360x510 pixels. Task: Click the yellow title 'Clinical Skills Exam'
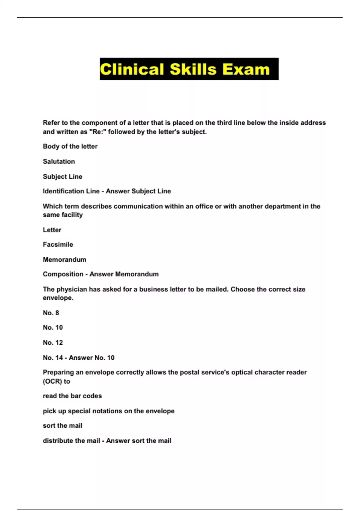point(185,69)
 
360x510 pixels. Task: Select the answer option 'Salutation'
point(59,161)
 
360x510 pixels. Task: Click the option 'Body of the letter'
point(70,146)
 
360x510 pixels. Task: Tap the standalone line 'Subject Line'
point(62,176)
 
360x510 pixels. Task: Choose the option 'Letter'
point(52,230)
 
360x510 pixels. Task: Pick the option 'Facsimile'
point(58,244)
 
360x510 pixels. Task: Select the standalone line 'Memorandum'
point(64,259)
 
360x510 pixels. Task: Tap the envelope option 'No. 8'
point(51,313)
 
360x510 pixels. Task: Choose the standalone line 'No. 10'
point(53,327)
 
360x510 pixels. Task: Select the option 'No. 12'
point(53,343)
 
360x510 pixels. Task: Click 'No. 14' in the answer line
point(52,358)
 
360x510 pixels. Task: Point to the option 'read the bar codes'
point(72,396)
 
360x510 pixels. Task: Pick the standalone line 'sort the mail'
point(62,425)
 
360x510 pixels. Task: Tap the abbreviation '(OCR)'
point(52,381)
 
